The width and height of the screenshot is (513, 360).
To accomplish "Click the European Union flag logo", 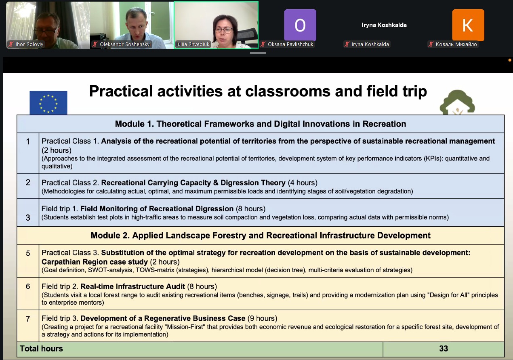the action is [48, 103].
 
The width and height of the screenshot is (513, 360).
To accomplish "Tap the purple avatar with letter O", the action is [300, 25].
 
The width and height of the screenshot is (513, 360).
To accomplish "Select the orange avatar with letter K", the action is [468, 25].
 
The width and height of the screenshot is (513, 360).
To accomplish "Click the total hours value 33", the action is [444, 349].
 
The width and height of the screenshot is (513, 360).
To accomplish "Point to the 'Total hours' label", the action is [41, 349].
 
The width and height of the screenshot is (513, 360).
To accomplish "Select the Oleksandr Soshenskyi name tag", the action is [122, 44].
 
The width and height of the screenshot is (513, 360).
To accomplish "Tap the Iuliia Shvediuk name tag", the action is [193, 44].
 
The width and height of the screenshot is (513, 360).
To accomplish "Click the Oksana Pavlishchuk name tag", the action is [287, 44].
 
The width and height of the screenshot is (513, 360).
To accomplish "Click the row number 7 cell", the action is [28, 326].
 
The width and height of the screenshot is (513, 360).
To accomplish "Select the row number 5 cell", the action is [28, 261].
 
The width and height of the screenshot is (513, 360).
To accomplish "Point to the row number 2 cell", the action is [28, 186].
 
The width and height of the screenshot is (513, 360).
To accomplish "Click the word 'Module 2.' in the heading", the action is [110, 236].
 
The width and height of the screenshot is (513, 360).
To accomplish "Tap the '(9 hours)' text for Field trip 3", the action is [263, 318].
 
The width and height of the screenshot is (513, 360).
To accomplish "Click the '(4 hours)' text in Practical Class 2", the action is [303, 183].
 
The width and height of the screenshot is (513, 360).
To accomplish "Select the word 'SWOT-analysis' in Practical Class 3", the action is [110, 270].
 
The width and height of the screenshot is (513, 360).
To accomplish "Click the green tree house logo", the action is [457, 102].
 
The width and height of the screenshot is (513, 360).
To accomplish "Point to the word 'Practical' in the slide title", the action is [121, 91].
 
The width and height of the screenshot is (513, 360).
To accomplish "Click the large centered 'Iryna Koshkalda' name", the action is [384, 25].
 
